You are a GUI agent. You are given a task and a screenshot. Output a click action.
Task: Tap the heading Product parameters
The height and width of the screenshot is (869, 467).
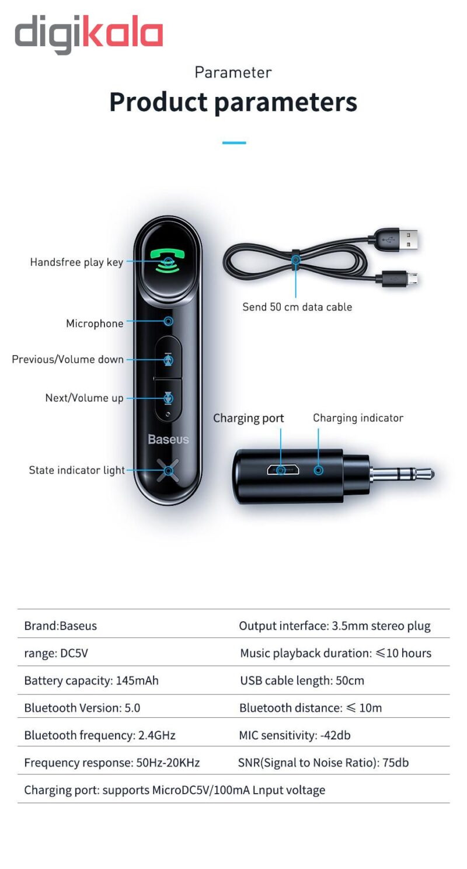233,102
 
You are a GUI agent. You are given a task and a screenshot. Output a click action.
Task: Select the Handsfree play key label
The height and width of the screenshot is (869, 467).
76,262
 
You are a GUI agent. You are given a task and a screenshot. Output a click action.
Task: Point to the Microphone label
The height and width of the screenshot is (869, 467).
95,324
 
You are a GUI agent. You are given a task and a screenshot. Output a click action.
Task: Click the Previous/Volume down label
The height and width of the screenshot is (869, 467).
68,359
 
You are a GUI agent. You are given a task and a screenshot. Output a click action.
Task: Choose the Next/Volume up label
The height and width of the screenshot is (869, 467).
85,398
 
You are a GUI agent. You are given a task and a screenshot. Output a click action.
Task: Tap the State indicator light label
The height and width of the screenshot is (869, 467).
76,470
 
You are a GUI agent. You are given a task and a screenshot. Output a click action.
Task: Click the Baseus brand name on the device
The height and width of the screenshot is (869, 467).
168,439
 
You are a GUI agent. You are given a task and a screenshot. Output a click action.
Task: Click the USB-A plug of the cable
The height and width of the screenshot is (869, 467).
403,239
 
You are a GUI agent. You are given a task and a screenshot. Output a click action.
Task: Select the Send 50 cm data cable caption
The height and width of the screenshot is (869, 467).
297,307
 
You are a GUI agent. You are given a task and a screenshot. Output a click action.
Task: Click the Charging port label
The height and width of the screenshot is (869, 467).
248,418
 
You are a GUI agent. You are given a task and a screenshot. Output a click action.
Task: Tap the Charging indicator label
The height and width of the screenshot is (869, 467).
358,418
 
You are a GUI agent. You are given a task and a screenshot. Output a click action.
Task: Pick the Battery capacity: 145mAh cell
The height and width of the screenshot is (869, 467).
91,680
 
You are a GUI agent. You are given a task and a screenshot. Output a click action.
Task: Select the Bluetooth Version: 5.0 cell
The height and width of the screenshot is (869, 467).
82,708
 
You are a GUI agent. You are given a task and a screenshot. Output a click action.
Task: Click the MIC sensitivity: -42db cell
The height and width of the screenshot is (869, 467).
295,735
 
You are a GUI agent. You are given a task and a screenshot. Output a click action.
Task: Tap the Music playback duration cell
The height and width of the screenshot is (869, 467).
336,653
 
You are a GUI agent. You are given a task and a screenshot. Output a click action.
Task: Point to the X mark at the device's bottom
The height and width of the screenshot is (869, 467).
168,470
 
